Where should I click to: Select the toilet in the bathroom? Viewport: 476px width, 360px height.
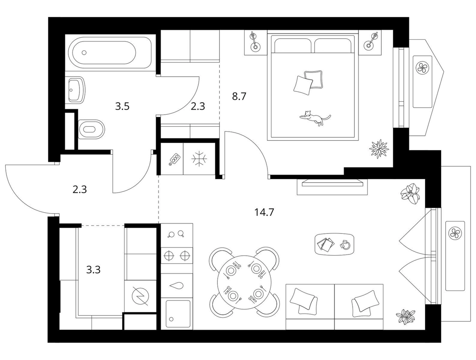91,129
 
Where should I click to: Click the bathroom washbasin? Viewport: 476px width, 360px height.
75,89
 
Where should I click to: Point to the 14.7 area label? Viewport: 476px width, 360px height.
264,212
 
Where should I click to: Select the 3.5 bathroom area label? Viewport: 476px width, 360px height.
123,106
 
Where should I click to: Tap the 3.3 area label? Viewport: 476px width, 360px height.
93,269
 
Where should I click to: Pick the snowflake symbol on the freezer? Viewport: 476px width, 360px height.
199,158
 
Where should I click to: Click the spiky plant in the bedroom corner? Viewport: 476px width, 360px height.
379,149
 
